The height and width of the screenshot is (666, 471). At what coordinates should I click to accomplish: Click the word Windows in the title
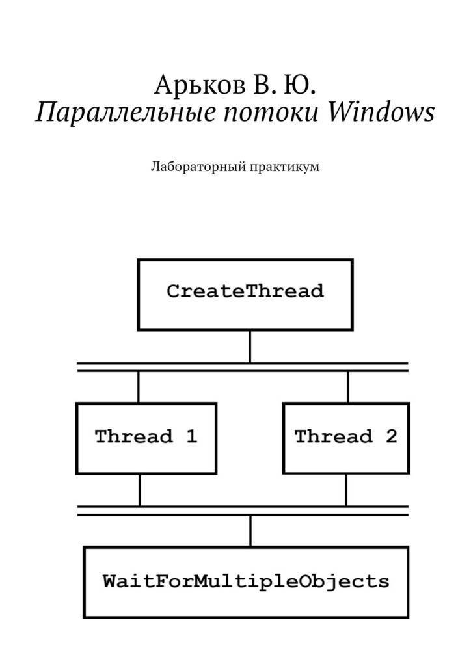(382, 112)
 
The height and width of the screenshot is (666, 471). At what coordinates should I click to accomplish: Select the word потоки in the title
(272, 113)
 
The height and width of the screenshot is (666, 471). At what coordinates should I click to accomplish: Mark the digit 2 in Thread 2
(391, 436)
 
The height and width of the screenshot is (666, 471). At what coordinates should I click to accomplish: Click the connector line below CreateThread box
(250, 347)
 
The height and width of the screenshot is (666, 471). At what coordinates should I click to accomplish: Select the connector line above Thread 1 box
(139, 387)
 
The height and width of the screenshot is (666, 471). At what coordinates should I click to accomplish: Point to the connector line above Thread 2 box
(348, 387)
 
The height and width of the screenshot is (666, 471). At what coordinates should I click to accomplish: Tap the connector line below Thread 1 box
(139, 490)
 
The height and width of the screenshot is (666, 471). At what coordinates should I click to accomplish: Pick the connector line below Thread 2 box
(346, 490)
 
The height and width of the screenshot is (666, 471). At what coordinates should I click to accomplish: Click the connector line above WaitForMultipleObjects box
(250, 531)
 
